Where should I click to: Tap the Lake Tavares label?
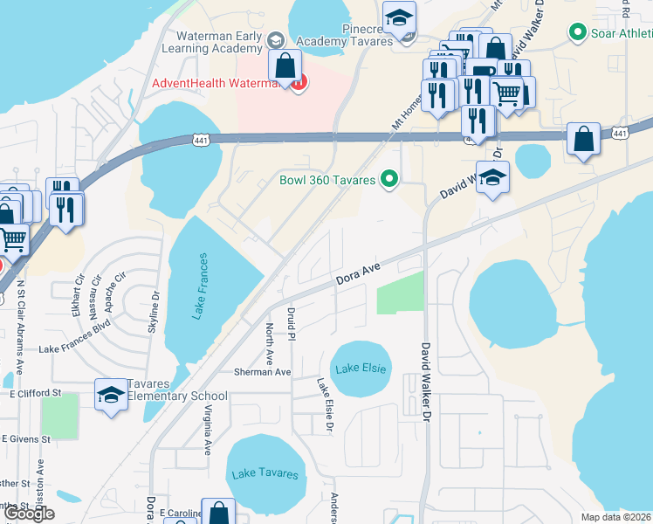click(265, 474)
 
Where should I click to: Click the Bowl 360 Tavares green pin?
click(390, 181)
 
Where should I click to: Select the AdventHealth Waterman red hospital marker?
click(299, 84)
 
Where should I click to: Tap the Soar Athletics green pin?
click(576, 34)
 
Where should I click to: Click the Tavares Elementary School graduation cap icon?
click(112, 394)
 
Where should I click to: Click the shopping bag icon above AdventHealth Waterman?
click(285, 65)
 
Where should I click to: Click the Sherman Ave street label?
click(261, 372)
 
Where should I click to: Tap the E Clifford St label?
click(39, 394)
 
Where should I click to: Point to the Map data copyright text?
click(616, 517)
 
